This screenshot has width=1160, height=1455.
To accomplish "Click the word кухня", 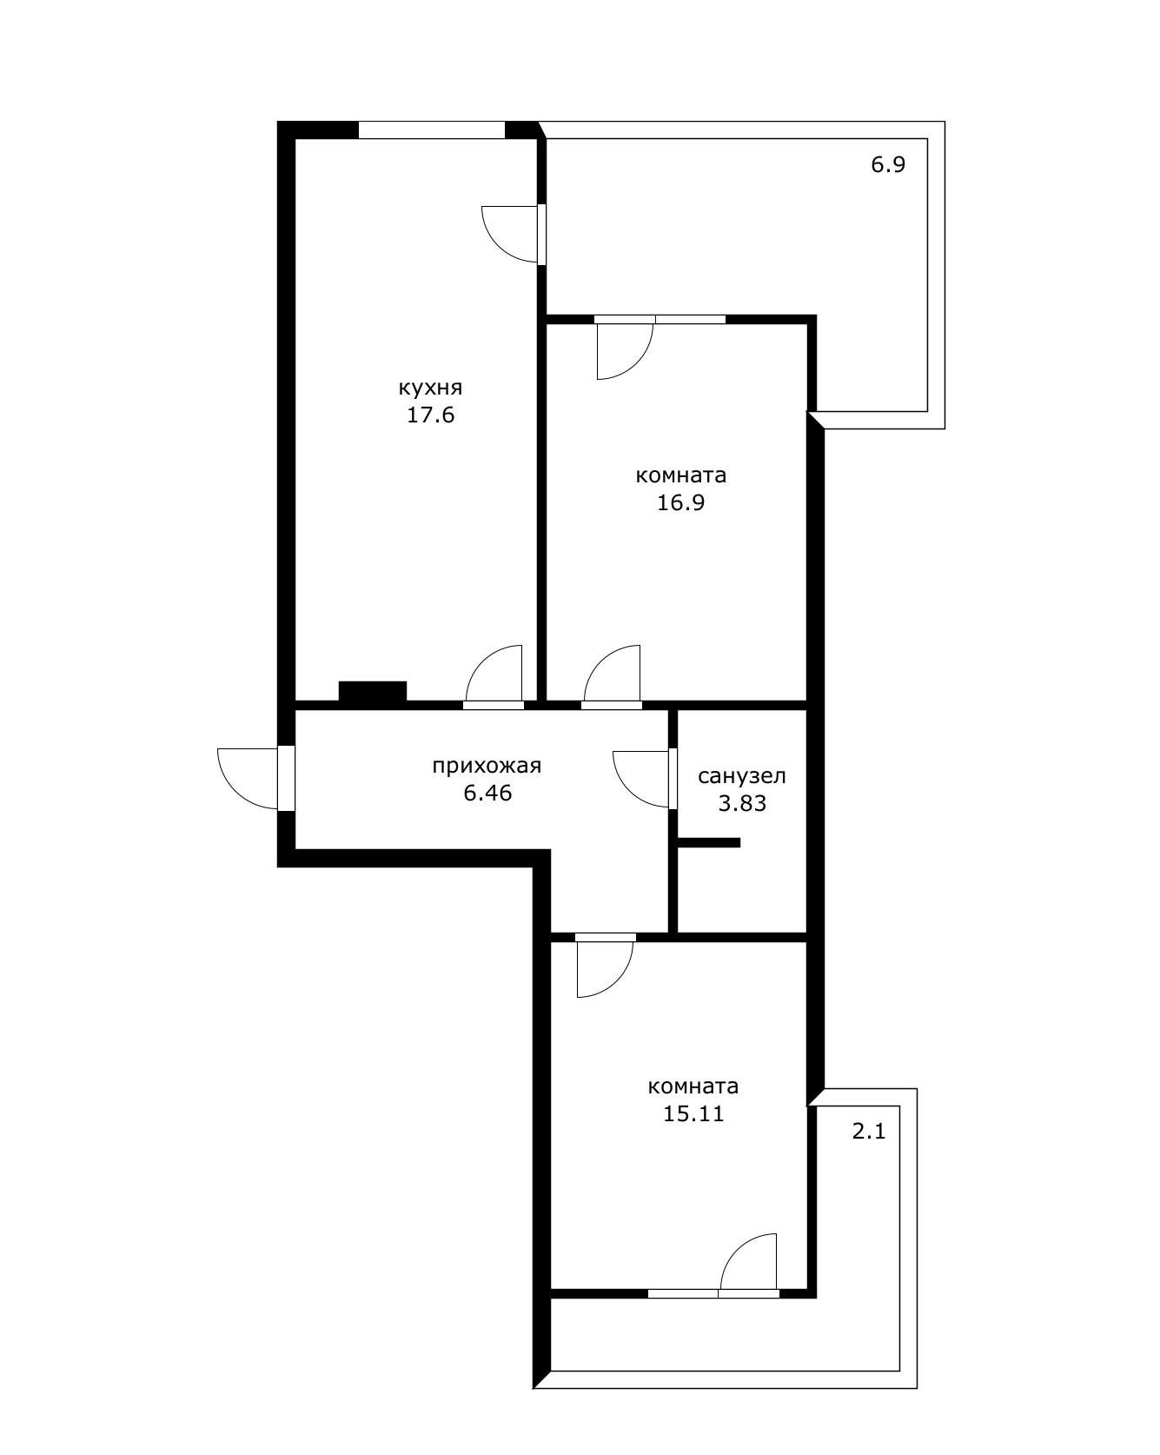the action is tap(430, 388).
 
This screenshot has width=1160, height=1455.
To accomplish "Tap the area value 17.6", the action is tap(431, 415).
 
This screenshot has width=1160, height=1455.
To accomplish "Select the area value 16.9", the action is tap(681, 503).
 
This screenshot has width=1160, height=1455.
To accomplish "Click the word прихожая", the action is tap(487, 766).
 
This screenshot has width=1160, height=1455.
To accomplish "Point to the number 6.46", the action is tap(487, 793).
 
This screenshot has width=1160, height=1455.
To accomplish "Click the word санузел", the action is tap(742, 775).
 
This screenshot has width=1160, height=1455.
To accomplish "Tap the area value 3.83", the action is tap(742, 803).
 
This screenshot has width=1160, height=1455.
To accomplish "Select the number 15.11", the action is tap(693, 1113).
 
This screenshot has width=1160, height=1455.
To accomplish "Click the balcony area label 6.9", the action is tap(889, 164).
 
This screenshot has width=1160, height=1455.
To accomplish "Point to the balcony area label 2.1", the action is tap(868, 1132).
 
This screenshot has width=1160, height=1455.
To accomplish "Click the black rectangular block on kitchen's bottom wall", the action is tap(373, 691).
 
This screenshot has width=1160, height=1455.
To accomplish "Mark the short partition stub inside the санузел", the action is tap(708, 842).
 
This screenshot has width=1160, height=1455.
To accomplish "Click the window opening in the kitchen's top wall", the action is tap(432, 130).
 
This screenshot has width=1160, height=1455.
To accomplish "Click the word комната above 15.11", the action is tap(693, 1086).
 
